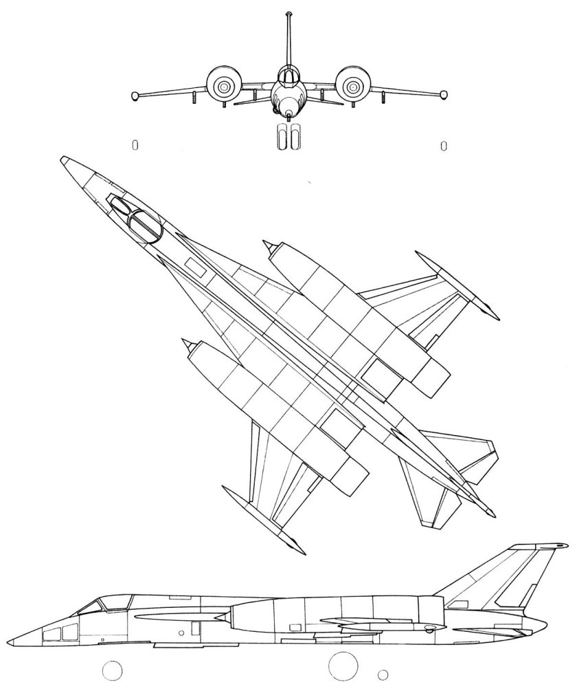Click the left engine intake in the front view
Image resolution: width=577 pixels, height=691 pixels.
coord(223,86)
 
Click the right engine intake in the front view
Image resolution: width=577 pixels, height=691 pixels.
coord(352,86)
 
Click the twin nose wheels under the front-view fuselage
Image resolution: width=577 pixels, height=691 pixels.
coord(288,136)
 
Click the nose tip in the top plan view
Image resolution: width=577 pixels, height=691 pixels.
coord(63,160)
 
